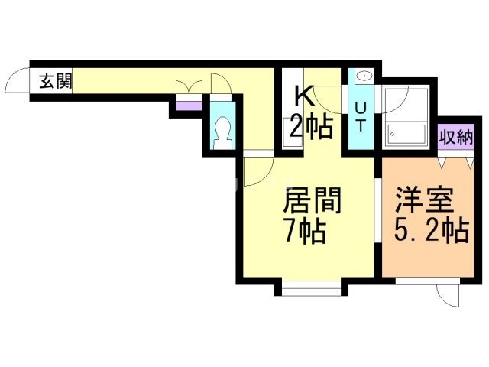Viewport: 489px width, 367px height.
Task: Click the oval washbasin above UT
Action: click(364, 76)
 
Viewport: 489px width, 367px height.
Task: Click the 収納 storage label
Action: click(457, 138)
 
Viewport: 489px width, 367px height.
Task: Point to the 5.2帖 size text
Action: click(431, 230)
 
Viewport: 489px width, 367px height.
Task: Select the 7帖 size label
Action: click(304, 230)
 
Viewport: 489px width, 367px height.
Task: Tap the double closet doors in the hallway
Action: click(188, 88)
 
